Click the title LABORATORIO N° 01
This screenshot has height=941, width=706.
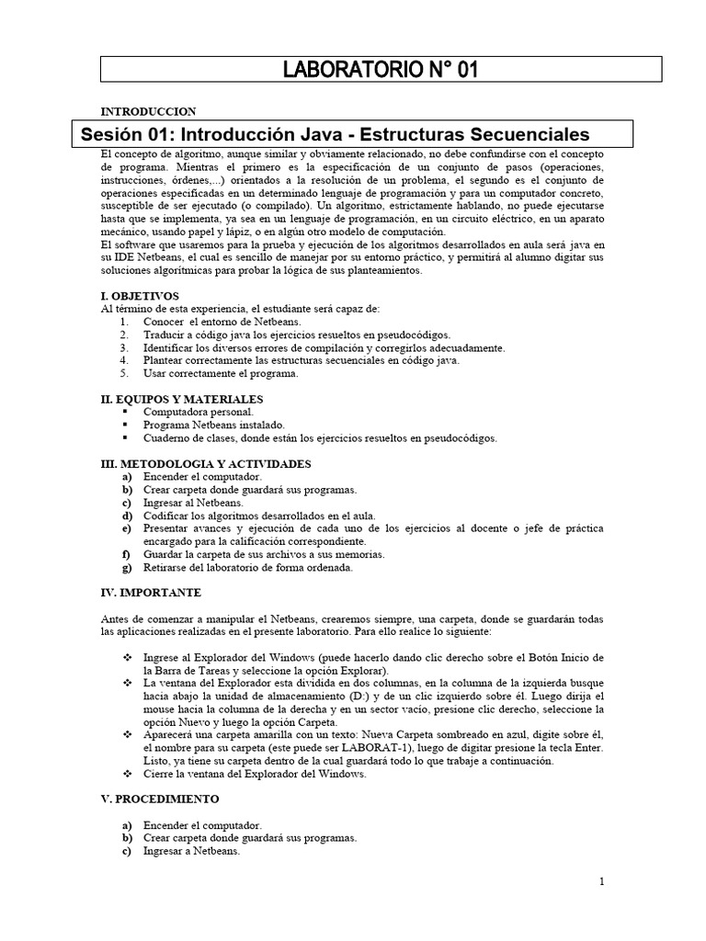[381, 71]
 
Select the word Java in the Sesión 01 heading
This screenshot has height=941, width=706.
[354, 134]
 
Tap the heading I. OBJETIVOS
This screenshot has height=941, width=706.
[141, 298]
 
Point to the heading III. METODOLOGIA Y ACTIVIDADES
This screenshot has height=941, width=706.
[205, 464]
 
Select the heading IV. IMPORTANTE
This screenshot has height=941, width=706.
[150, 593]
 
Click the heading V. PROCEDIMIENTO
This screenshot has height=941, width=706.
[160, 799]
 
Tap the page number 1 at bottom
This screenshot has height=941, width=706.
[602, 882]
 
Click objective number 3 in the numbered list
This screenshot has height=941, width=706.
[125, 348]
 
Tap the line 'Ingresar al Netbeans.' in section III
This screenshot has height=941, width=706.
[193, 503]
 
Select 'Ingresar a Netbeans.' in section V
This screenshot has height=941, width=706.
[191, 851]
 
